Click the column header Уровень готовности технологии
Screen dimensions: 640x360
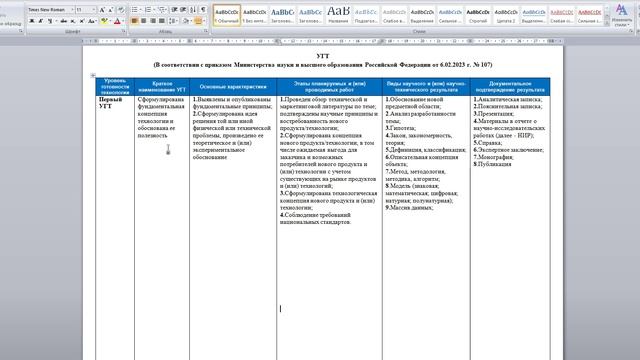[115, 85]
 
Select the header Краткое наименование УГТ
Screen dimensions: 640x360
[169, 85]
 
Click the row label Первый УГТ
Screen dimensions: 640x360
[112, 104]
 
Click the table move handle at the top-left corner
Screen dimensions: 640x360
[93, 76]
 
